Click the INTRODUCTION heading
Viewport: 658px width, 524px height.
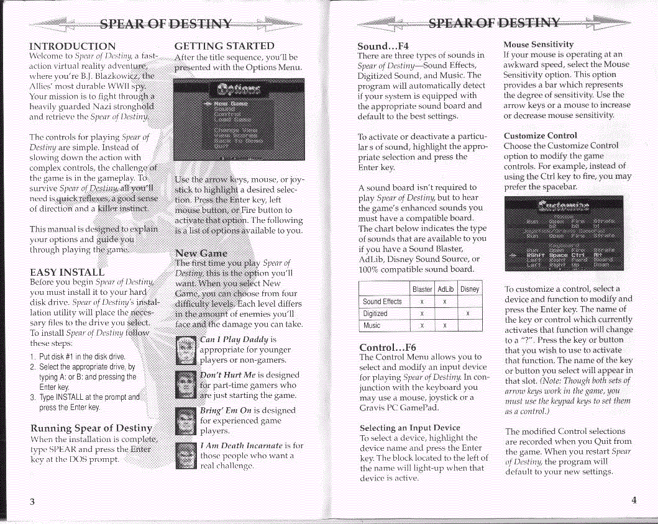[72, 46]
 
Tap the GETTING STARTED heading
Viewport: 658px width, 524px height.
[224, 45]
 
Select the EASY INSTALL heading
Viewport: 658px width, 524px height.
[66, 273]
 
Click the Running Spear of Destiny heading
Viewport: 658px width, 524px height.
[91, 428]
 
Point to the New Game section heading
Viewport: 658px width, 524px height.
[201, 253]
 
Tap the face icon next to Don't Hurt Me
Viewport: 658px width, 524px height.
[186, 384]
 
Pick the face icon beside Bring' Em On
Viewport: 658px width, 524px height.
[186, 420]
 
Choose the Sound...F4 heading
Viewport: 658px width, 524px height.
[383, 45]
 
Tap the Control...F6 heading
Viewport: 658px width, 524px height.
[388, 347]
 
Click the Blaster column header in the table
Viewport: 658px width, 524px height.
[422, 289]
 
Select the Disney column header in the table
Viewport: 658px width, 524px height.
[469, 289]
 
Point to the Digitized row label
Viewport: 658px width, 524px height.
[375, 314]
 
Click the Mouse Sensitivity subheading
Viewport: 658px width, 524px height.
[538, 45]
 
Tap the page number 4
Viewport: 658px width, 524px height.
[634, 501]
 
